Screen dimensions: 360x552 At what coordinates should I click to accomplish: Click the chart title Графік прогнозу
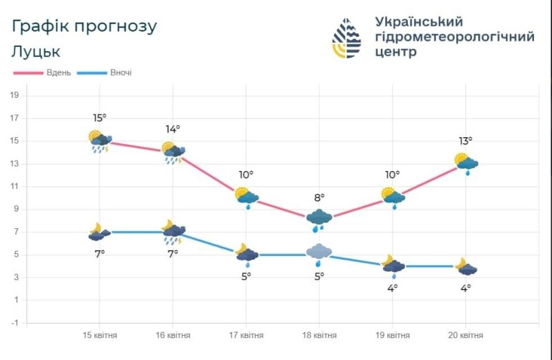84,26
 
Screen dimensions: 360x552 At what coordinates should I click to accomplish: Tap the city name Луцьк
36,51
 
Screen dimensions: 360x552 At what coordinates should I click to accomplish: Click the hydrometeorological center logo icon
346,38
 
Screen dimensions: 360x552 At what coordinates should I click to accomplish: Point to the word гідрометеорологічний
454,37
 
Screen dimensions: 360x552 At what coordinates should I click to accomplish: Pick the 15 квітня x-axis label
99,335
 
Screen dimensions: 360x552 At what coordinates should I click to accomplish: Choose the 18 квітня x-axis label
319,335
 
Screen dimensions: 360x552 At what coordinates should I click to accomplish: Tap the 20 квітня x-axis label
465,335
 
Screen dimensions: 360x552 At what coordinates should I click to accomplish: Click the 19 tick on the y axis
13,95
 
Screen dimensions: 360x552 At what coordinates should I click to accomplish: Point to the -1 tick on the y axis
13,323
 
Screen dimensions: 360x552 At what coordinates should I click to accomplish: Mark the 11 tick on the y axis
13,186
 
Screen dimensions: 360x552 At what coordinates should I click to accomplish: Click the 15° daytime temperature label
99,118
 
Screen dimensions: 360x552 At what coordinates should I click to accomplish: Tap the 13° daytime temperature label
466,141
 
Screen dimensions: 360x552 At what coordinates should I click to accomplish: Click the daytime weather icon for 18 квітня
319,219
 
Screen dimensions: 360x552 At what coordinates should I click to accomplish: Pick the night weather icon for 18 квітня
319,253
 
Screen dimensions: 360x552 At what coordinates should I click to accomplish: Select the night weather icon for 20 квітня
465,267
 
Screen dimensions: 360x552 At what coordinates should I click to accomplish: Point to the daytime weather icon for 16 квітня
173,152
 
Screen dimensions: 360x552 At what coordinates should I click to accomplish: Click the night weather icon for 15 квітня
99,232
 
